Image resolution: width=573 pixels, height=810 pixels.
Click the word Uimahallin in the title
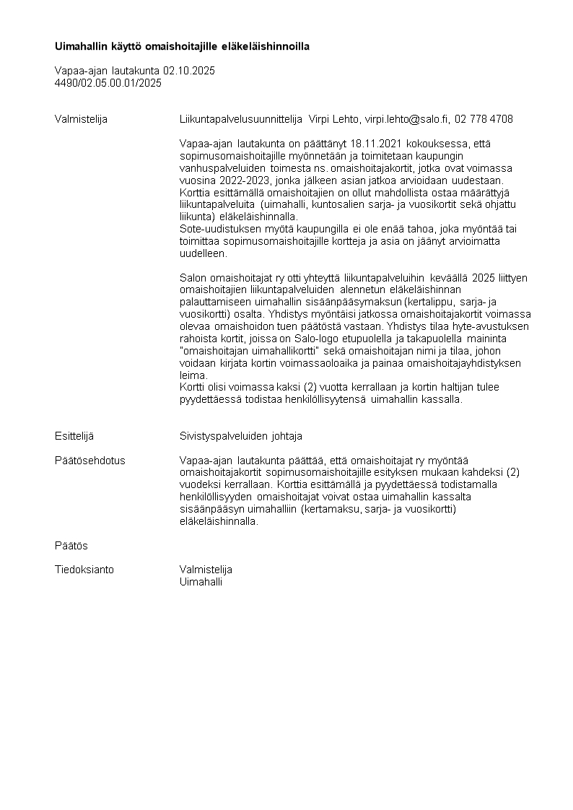coord(82,47)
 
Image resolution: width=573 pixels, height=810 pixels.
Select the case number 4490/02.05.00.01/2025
coord(108,83)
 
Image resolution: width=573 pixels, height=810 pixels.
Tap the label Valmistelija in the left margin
coord(81,119)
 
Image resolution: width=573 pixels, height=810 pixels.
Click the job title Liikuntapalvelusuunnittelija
coord(241,119)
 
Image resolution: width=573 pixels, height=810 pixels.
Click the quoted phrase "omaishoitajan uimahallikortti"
coord(250,350)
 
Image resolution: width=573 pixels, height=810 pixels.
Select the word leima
coord(192,375)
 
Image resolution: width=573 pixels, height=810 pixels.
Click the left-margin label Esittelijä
coord(74,436)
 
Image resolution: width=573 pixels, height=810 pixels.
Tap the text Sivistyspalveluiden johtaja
coord(240,436)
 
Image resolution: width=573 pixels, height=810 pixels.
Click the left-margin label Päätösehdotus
coord(89,461)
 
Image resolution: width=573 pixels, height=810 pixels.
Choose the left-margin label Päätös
coord(71,545)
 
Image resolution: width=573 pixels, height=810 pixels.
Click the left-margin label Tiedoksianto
coord(84,570)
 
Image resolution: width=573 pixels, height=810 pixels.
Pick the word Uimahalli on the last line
coord(201,582)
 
